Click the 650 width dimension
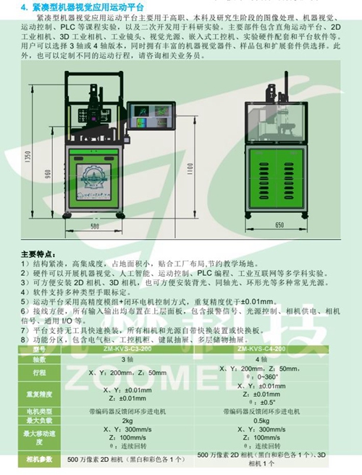(279, 227)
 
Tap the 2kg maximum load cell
(126, 420)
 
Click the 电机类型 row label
(41, 410)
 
